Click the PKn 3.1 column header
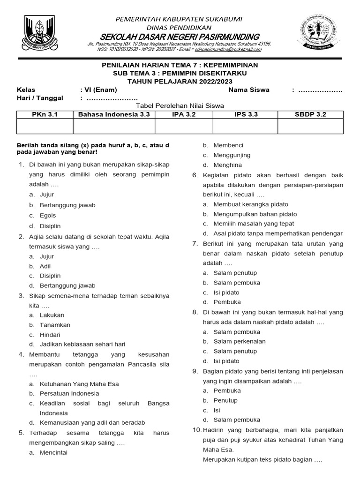[x=45, y=114]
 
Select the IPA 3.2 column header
[x=184, y=114]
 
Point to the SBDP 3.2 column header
[x=310, y=114]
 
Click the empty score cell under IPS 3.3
[x=245, y=126]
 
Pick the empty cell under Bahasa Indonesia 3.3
[x=114, y=126]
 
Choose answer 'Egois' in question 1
[x=48, y=215]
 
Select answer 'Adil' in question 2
[x=45, y=266]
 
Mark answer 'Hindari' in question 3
[x=50, y=335]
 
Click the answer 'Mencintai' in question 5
[x=53, y=452]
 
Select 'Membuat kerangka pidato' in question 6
[x=251, y=204]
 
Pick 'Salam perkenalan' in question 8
[x=240, y=341]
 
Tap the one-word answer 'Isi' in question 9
[x=217, y=410]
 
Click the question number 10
[x=197, y=430]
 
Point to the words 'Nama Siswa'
[x=249, y=90]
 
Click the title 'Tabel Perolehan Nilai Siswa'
[x=180, y=106]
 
